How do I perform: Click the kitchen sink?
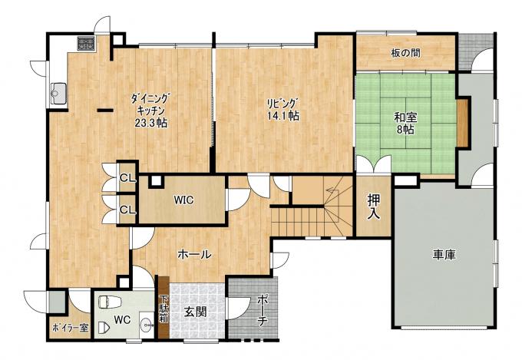click(58, 93)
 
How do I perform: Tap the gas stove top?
click(87, 43)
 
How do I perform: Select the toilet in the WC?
click(110, 302)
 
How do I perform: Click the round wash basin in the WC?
click(147, 322)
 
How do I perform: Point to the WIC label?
click(183, 200)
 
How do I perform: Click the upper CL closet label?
click(128, 179)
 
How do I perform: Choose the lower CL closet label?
click(128, 210)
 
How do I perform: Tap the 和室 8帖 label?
click(405, 124)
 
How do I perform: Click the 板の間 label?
click(405, 53)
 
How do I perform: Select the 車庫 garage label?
click(444, 255)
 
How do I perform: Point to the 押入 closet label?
click(374, 206)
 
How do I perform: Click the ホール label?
click(194, 255)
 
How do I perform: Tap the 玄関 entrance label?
click(196, 312)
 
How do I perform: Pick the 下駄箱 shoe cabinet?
click(164, 307)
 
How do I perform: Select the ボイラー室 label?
click(71, 328)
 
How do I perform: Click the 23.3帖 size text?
click(150, 124)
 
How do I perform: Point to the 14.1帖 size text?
click(283, 116)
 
